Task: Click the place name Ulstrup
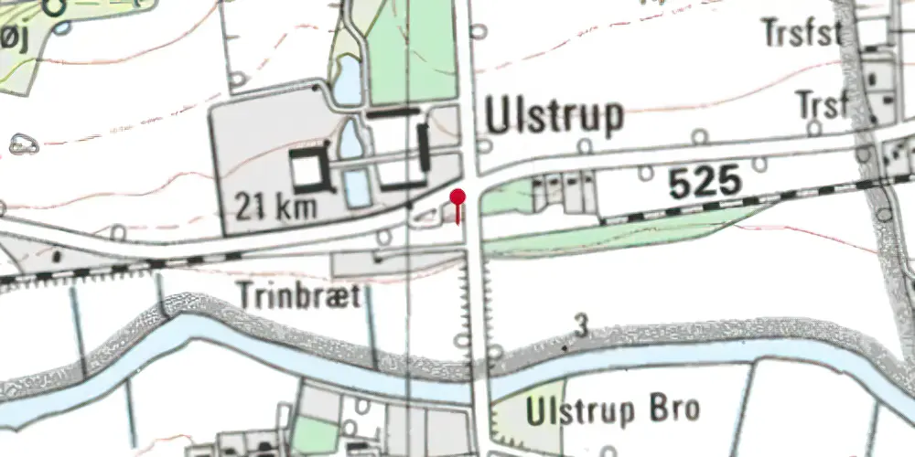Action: click(555, 117)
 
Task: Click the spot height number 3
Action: click(580, 324)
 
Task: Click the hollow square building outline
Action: click(308, 167)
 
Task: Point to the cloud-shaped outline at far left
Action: click(23, 143)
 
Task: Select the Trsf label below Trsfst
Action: click(822, 104)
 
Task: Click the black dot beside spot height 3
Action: click(565, 348)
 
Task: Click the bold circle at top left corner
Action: click(57, 8)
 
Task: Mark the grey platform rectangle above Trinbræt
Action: click(393, 263)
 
